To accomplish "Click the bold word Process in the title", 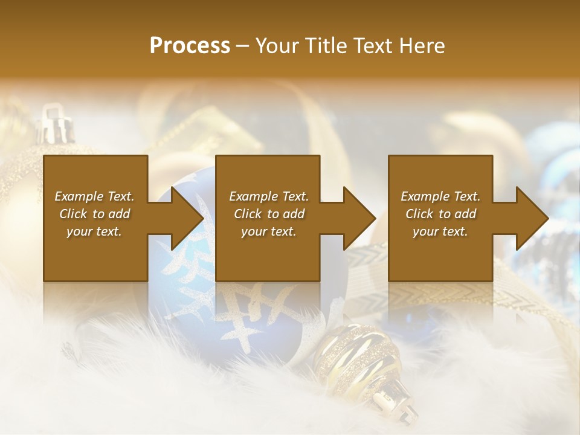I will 190,46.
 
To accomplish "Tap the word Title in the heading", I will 324,46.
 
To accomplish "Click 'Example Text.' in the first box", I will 94,196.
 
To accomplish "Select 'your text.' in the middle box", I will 268,231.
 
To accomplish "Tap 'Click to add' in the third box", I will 440,214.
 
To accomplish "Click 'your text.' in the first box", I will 94,231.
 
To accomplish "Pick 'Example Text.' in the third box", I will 440,196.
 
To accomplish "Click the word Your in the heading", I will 275,46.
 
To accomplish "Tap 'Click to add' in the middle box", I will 268,214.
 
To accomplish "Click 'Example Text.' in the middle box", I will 268,196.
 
